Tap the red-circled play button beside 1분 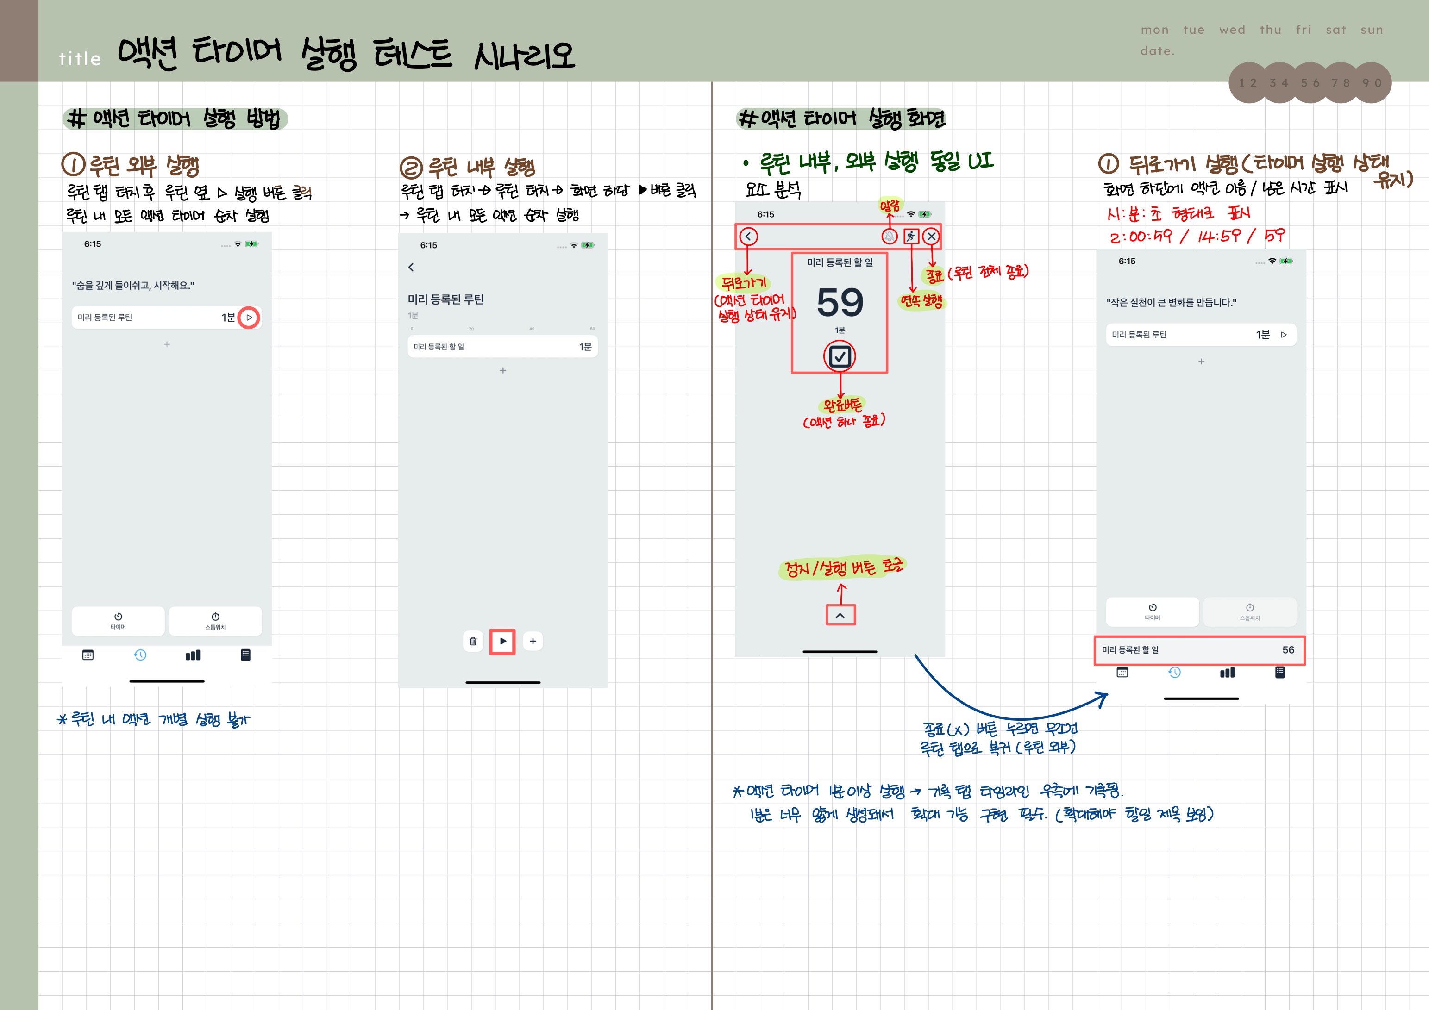click(x=249, y=318)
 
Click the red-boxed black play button click(x=502, y=641)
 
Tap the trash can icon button click(x=473, y=641)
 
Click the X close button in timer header click(x=931, y=237)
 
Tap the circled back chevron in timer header click(x=748, y=237)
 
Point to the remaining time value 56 click(x=1288, y=650)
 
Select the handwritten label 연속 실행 click(x=921, y=301)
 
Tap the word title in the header click(x=80, y=59)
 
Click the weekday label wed click(x=1232, y=30)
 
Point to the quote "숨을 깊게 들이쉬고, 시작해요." click(x=133, y=285)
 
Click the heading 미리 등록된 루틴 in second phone click(x=445, y=299)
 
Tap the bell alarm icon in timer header click(x=890, y=237)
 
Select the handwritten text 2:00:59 click(x=1140, y=237)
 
